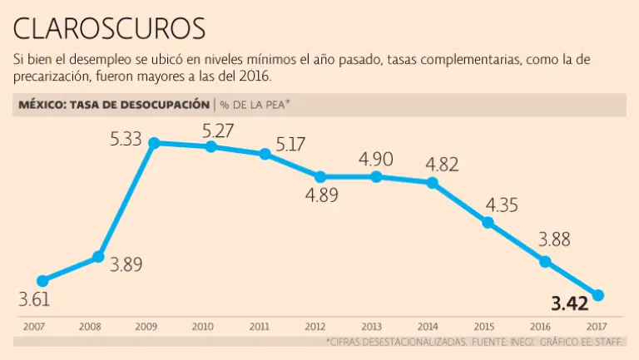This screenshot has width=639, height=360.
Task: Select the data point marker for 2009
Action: coord(154,143)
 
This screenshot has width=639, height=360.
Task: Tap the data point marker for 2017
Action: coord(597,295)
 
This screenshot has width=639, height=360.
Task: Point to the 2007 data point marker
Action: coord(42,281)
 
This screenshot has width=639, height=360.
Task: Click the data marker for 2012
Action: coord(320,176)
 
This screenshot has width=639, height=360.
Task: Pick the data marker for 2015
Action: coord(488,222)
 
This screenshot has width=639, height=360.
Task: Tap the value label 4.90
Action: coord(375,159)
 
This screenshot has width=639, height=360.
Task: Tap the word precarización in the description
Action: coord(54,76)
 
